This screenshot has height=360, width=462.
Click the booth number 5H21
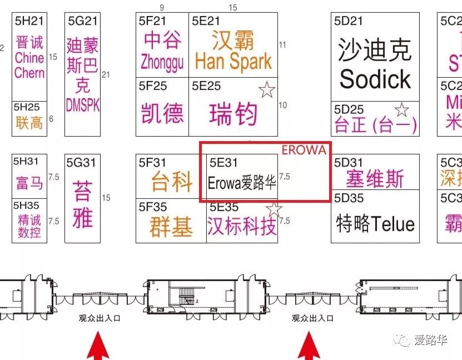click(x=29, y=21)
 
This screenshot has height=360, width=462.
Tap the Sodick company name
click(x=375, y=79)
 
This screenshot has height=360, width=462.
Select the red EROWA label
click(x=304, y=151)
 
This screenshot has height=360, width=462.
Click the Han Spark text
click(x=234, y=61)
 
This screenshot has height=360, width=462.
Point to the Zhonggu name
click(x=162, y=61)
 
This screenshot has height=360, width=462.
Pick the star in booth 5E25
click(x=267, y=89)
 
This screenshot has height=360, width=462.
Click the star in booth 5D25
click(x=401, y=109)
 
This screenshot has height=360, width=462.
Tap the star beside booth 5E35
click(x=274, y=209)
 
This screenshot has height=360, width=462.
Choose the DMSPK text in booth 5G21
click(x=82, y=105)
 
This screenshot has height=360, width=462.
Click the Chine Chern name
click(x=29, y=65)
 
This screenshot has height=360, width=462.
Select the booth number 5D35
click(x=349, y=198)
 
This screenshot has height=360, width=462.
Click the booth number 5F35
click(x=153, y=207)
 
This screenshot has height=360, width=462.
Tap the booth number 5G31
click(x=82, y=162)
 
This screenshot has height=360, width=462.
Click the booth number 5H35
click(x=27, y=205)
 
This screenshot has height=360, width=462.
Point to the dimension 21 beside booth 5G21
click(x=106, y=75)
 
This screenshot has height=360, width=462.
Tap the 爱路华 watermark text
click(x=433, y=340)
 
